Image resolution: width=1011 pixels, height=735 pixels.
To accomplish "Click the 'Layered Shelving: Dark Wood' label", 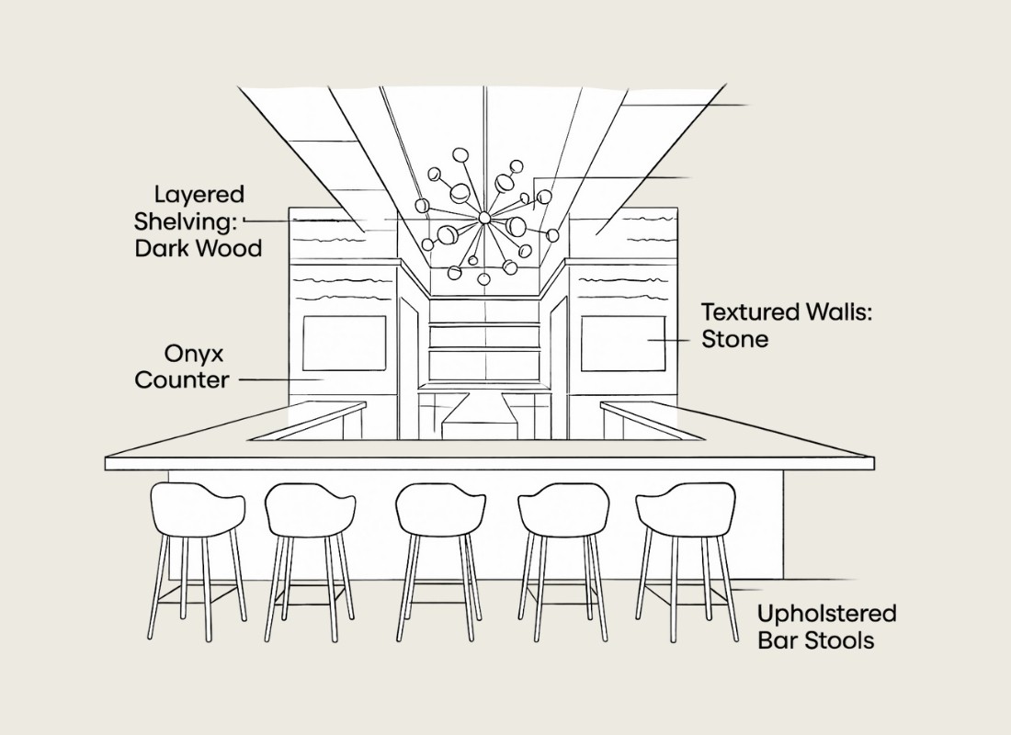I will click(x=199, y=221).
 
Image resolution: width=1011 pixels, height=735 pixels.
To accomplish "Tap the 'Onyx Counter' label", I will click(x=182, y=367).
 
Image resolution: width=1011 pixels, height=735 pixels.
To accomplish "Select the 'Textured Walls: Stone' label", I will click(x=787, y=325).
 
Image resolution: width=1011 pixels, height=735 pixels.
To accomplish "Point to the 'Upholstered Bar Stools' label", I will click(x=827, y=627).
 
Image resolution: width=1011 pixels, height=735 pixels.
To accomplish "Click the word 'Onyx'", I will click(x=195, y=354).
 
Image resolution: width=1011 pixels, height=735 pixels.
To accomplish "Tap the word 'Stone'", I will click(x=735, y=339).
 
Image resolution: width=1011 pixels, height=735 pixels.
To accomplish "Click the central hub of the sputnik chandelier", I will click(x=484, y=217).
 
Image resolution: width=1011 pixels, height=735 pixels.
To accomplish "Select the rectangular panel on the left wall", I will click(x=344, y=343).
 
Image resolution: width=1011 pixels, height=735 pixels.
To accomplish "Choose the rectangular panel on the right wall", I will click(x=623, y=343).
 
